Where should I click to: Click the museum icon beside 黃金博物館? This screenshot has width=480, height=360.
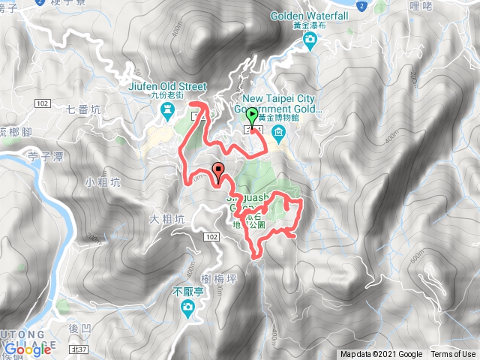click(x=279, y=133)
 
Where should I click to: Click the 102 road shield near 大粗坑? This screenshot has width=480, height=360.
click(x=211, y=237)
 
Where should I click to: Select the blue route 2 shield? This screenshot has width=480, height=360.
click(x=361, y=4)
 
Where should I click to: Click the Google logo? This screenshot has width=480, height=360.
click(x=26, y=349)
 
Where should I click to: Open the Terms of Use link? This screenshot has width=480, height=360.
click(x=452, y=355)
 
